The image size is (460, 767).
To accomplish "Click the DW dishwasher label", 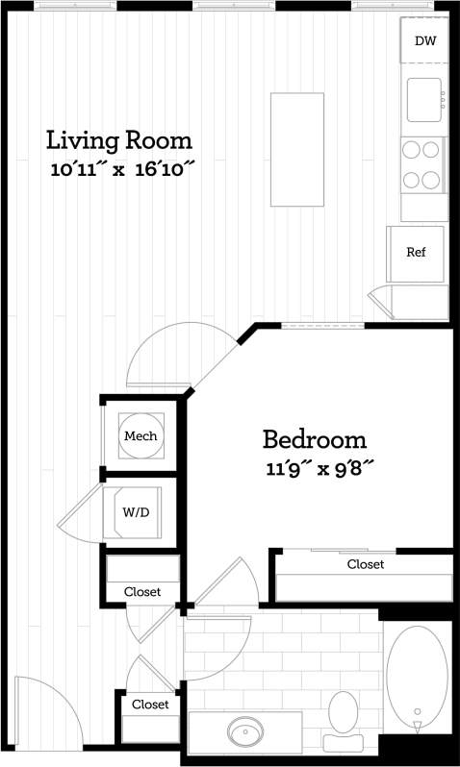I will pos(424,40).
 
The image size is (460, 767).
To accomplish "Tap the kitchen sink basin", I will pos(423,100).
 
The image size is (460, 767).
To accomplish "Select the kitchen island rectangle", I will pos(296,149).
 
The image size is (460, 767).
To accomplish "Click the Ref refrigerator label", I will pos(416,253).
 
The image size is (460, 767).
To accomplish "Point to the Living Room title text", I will pos(119,140).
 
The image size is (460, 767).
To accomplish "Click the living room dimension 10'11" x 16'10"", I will pos(123,171).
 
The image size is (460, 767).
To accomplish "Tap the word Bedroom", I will pos(315,440).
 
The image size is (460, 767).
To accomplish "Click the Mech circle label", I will pos(140,436).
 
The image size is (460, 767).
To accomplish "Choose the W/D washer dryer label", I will pos(136,511).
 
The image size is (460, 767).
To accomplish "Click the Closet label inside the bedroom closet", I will pos(366,564).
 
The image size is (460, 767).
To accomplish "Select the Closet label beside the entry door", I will pos(150,705).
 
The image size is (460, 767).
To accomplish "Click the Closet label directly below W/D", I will pos(142,592).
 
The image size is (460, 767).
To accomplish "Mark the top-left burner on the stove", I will pos(412,149).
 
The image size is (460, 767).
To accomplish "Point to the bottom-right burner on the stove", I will pos(434,178).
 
